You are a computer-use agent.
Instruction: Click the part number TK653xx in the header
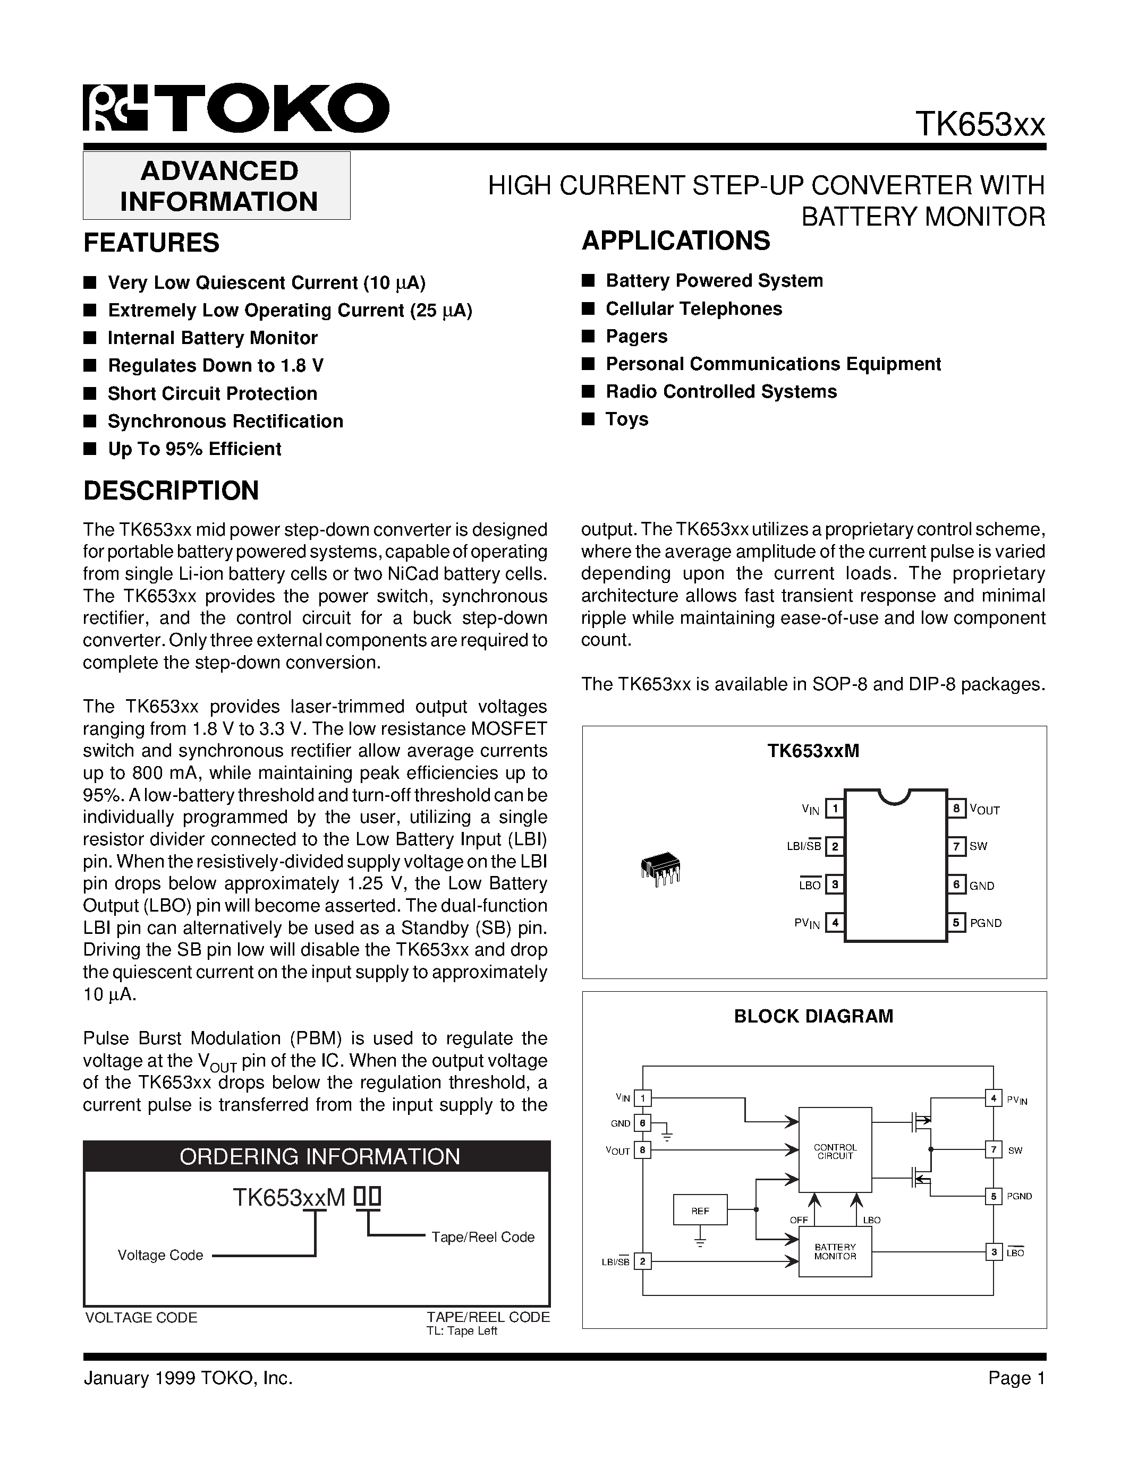[x=979, y=124]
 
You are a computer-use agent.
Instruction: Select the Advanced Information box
[x=217, y=186]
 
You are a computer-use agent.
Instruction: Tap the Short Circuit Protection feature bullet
[x=212, y=394]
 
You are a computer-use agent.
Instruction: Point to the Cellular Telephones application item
[x=693, y=309]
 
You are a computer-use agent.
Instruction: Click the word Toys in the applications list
[x=627, y=419]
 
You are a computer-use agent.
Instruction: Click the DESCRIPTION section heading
[x=171, y=491]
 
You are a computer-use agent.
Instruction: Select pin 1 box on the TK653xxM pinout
[x=834, y=809]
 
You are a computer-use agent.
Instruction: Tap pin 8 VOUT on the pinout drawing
[x=956, y=809]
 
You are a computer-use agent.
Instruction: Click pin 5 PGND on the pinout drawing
[x=956, y=923]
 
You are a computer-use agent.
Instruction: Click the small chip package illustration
[x=660, y=869]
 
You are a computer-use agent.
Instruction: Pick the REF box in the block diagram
[x=700, y=1209]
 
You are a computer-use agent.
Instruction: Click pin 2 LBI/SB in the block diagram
[x=642, y=1261]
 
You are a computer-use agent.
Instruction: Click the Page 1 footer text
[x=1016, y=1378]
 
